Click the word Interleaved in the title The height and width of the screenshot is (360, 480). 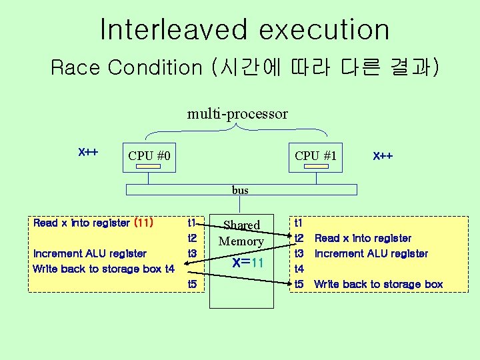tap(172, 30)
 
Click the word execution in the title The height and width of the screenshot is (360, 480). tap(325, 30)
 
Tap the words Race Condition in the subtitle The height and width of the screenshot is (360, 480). tap(126, 67)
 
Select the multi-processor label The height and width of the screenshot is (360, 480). tap(237, 114)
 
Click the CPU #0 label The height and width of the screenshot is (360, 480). tap(149, 156)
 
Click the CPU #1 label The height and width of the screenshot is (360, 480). tap(316, 156)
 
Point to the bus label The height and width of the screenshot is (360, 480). tap(240, 190)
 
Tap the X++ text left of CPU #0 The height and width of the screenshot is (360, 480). tap(89, 152)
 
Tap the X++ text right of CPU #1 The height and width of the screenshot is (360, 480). tap(383, 156)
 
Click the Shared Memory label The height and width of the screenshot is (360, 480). tap(241, 233)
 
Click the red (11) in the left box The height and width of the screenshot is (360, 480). tap(144, 223)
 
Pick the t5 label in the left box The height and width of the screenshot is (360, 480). tap(193, 285)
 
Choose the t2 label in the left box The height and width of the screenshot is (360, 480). tap(193, 238)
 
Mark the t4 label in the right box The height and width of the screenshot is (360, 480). tap(299, 269)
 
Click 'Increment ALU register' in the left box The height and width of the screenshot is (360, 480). tap(90, 253)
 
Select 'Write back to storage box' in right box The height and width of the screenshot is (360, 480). tap(378, 285)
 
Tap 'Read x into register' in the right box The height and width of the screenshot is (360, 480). tap(363, 238)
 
